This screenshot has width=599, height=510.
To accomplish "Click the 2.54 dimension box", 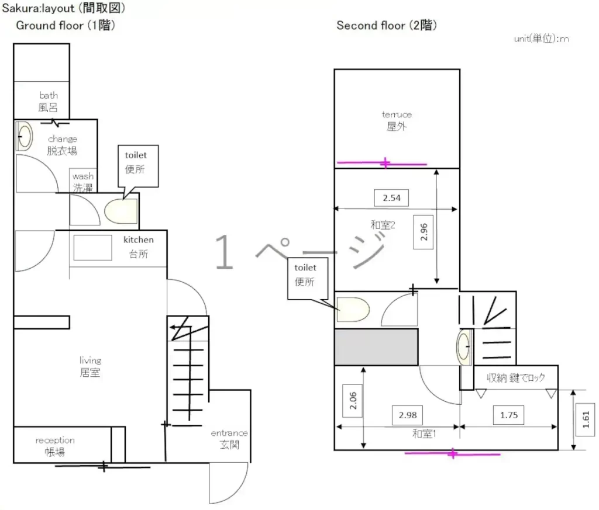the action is click(x=391, y=197).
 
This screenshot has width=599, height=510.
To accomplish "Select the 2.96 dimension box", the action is click(x=424, y=232).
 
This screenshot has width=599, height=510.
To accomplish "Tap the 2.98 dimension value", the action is click(x=408, y=415).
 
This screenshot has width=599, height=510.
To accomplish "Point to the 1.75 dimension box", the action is click(x=509, y=415).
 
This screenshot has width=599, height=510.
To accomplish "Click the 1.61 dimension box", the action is click(x=586, y=419).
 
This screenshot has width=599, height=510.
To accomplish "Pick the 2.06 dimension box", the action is click(x=353, y=401).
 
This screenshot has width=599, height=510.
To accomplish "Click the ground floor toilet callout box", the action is click(x=138, y=166).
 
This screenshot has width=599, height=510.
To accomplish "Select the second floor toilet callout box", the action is click(x=308, y=279).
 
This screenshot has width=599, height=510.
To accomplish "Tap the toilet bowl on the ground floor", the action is click(x=121, y=211).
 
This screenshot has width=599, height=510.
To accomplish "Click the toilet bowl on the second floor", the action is click(x=353, y=310).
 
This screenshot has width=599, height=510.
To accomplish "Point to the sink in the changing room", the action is click(x=25, y=136).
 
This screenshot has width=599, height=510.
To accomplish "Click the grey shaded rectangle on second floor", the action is click(x=376, y=347).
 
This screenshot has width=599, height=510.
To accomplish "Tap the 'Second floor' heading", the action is click(x=387, y=26).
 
